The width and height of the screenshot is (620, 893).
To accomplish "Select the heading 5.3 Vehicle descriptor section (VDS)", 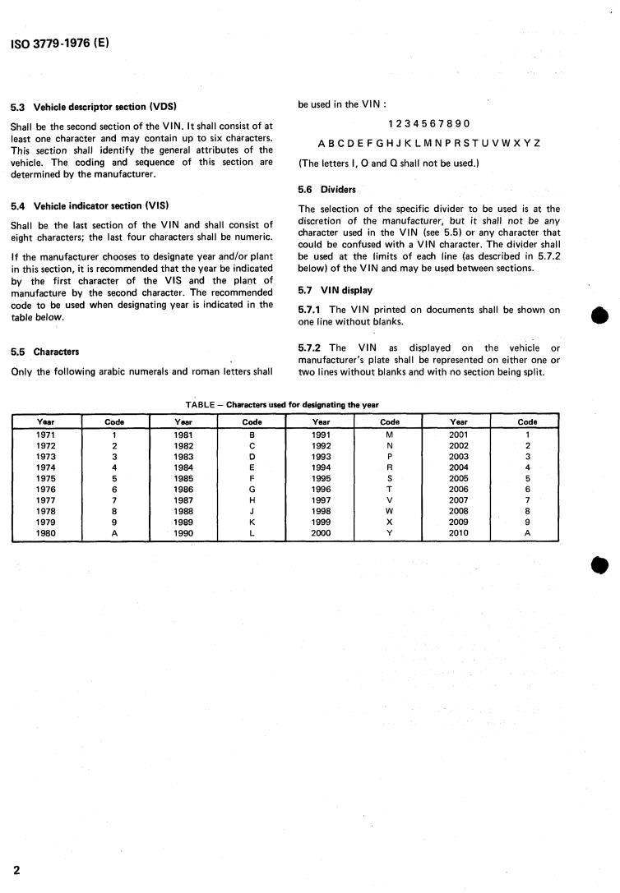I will coord(94,107).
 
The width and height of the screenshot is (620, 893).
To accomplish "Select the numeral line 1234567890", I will coord(428,124).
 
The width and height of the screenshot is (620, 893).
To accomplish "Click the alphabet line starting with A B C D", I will coord(428,143).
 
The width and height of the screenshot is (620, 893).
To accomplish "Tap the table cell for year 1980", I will coord(46,533).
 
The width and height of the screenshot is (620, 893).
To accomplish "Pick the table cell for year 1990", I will coord(183,533).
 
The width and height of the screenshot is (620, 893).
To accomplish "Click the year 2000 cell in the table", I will coord(321,533).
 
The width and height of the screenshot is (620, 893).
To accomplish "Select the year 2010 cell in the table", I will coord(458,533).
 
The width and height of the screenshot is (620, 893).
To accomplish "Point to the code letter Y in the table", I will coord(390,533).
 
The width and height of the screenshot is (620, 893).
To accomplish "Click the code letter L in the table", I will coord(252,533).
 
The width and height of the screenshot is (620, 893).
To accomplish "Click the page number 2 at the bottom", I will coord(16,869).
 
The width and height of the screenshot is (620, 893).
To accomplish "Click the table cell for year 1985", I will coord(183,478).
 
